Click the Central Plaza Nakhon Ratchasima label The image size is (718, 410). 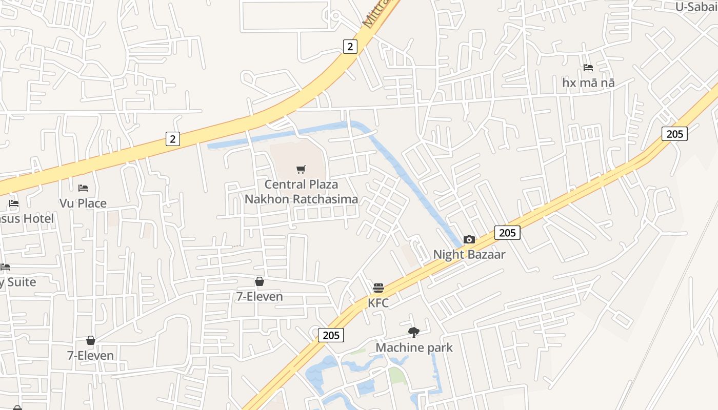(x=301, y=192)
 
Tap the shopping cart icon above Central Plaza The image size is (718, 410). (x=301, y=170)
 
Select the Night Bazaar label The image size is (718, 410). (x=469, y=255)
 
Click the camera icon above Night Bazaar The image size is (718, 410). (x=469, y=239)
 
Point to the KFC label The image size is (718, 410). (x=378, y=303)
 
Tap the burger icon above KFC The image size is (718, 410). (x=378, y=288)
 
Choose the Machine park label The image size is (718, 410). (x=414, y=347)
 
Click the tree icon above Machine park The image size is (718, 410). (x=414, y=333)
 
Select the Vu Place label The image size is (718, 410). (x=83, y=203)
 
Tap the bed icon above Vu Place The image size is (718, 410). (x=83, y=188)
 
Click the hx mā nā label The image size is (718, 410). (x=588, y=83)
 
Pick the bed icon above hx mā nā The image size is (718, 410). (x=588, y=68)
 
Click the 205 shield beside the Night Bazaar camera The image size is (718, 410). (x=507, y=233)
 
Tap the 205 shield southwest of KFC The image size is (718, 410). (x=331, y=335)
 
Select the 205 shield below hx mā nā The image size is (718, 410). (x=674, y=134)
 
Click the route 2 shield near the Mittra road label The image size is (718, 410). (x=350, y=47)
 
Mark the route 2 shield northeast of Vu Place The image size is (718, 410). (x=173, y=138)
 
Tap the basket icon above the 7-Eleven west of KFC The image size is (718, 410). (x=260, y=281)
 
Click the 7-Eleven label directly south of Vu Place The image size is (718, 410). (x=91, y=355)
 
